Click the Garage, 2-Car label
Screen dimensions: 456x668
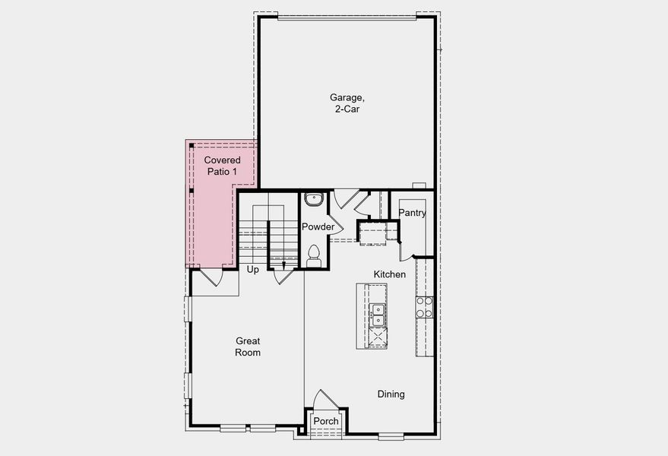347,103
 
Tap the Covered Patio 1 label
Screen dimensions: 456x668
222,166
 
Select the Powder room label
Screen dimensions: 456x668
318,227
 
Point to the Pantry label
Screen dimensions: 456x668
412,214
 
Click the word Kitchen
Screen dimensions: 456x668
389,274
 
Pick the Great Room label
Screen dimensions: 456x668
248,347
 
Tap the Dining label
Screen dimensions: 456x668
391,394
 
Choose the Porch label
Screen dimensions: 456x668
326,422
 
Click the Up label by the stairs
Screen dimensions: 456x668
253,270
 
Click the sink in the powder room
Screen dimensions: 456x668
313,200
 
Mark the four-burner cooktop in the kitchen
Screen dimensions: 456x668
424,306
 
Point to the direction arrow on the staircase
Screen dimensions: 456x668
283,264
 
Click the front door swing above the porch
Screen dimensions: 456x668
323,401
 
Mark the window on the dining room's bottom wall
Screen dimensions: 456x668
391,436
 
